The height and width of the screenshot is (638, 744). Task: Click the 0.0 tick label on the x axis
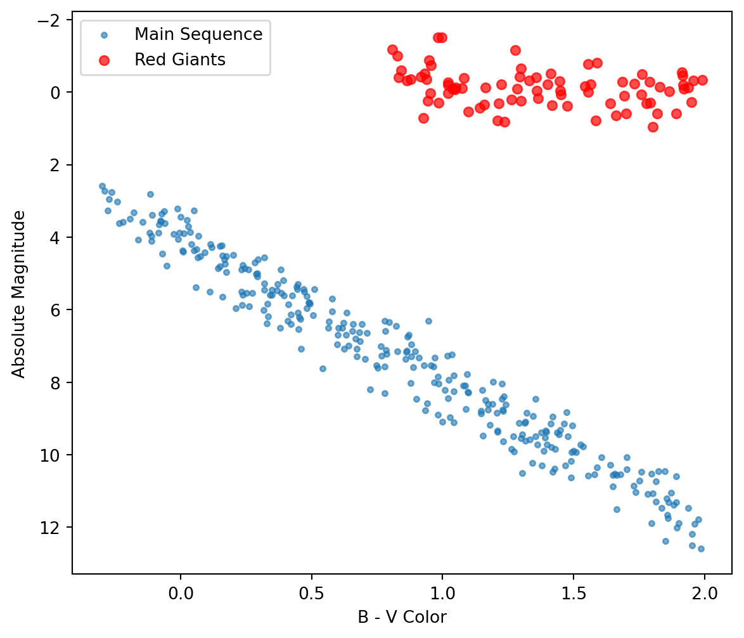coord(180,596)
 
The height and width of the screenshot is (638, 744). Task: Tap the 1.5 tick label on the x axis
coord(573,596)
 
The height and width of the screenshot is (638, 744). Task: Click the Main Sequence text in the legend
coord(198,34)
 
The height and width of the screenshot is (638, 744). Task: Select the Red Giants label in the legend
coord(180,60)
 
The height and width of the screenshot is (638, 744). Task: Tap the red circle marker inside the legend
coord(104,60)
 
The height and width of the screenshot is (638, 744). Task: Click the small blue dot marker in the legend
coord(104,34)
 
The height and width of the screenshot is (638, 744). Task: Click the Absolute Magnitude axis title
coord(20,294)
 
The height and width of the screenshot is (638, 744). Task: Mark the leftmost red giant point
coord(392,49)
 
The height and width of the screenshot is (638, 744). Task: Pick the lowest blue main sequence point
coord(700,549)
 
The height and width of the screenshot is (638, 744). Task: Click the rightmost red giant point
coord(702,80)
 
